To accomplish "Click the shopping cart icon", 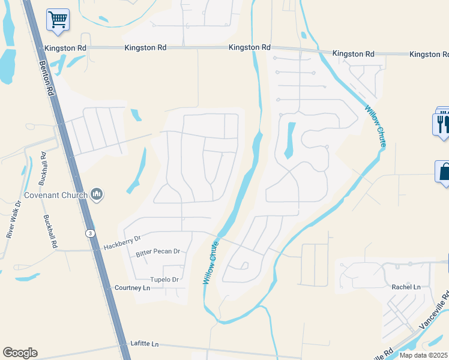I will (58, 20).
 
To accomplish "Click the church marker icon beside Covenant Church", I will (97, 194).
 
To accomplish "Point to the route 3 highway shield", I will (89, 234).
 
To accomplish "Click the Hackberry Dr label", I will (121, 242).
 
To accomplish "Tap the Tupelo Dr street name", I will (164, 280).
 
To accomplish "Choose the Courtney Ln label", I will (131, 288).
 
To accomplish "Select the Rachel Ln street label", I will (406, 287).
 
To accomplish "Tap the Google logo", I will (20, 353).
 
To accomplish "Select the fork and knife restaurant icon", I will (441, 124).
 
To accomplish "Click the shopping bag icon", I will (443, 172).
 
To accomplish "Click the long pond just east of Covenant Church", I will (137, 171).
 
